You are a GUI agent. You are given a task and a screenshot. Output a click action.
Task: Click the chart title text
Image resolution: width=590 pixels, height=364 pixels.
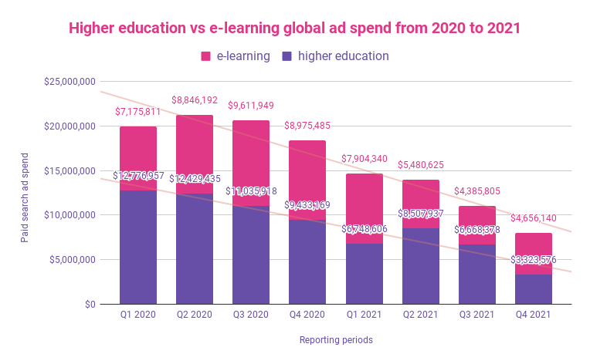click(x=294, y=29)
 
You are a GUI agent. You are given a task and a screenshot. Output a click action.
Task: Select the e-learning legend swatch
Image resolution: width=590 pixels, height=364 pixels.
click(x=206, y=56)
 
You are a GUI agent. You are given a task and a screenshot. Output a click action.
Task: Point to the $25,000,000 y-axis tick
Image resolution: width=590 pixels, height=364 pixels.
click(x=69, y=82)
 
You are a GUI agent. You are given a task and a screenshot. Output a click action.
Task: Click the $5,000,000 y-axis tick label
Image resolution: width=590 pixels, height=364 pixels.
click(x=72, y=260)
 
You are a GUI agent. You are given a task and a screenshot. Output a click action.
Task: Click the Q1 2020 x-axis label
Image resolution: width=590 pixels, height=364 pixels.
click(x=138, y=315)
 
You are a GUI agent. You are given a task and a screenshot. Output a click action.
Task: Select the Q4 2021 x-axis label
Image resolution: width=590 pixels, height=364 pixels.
click(x=534, y=315)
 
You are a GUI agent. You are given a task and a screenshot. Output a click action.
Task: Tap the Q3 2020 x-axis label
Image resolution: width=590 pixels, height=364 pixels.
click(x=251, y=315)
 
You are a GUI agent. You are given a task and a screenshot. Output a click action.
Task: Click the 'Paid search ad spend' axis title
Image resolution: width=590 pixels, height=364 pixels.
click(x=25, y=193)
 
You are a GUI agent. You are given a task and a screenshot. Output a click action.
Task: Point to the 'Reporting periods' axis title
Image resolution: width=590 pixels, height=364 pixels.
click(x=336, y=339)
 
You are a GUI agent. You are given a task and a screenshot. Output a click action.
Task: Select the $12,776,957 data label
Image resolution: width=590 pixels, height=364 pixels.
click(x=138, y=176)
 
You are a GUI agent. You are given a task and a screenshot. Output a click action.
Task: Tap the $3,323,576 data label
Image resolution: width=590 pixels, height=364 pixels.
click(x=534, y=260)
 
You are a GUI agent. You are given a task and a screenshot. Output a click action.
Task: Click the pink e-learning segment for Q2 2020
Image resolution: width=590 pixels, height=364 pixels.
click(x=195, y=154)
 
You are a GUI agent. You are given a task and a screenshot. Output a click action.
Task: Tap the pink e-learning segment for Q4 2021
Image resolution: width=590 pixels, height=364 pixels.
click(x=534, y=245)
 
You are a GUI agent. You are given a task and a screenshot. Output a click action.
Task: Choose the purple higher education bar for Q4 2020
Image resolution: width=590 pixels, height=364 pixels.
click(x=307, y=266)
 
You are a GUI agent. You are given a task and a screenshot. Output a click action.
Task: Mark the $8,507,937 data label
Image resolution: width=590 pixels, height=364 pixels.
click(x=421, y=214)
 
